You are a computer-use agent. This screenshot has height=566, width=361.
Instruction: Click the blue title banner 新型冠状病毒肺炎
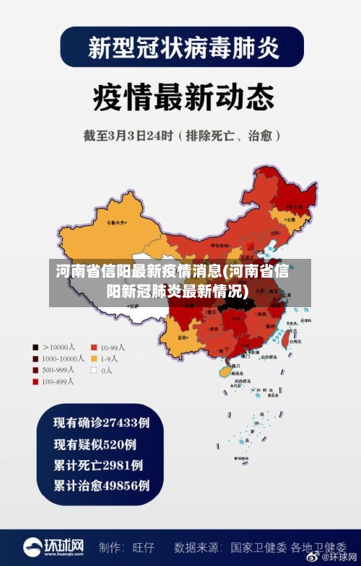click(181, 48)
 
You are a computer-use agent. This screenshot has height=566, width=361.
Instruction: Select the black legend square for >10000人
click(35, 347)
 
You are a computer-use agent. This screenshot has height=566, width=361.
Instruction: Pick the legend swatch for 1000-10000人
click(35, 358)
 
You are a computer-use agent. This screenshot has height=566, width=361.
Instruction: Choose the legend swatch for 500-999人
click(35, 370)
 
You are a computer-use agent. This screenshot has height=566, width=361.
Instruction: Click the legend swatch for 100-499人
click(35, 381)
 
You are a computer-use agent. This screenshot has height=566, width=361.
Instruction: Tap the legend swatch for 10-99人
click(93, 347)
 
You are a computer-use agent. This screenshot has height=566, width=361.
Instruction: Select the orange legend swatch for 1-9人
click(93, 358)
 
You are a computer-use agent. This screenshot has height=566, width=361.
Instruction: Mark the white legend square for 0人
click(93, 370)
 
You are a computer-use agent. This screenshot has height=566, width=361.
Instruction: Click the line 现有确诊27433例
click(103, 422)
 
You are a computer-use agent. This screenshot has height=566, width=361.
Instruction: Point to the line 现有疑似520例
click(95, 444)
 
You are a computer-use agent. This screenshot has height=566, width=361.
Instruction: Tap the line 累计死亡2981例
click(99, 465)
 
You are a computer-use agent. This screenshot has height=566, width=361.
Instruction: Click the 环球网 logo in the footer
click(53, 547)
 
